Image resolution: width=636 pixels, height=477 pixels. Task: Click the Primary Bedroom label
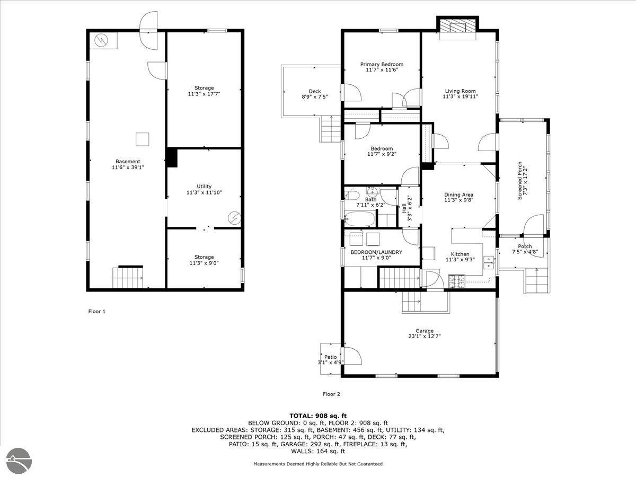(382, 64)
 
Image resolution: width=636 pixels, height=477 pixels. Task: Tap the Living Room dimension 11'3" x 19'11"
(460, 97)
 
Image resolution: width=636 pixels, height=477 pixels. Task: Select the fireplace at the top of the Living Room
(458, 28)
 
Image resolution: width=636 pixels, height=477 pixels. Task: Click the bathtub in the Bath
(360, 219)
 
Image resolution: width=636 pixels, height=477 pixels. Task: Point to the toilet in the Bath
(352, 195)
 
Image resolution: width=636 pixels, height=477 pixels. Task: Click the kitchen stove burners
(457, 281)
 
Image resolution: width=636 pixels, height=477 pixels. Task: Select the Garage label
(425, 331)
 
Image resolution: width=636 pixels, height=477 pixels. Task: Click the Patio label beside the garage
(330, 357)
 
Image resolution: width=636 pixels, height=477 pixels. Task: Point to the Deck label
(315, 92)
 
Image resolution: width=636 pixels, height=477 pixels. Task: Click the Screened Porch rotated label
(520, 181)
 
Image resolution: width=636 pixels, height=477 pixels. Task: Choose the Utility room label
(204, 186)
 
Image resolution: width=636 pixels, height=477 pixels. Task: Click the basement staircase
(128, 278)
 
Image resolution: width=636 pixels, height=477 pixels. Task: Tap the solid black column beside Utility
(172, 157)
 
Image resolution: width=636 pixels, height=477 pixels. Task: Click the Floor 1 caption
(97, 311)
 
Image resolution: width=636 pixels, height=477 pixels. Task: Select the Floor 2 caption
(331, 394)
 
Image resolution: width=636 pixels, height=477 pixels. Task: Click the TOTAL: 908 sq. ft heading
(318, 416)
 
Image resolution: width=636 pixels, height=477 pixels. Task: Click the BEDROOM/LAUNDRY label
(376, 252)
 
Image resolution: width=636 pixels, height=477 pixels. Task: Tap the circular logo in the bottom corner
(19, 461)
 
